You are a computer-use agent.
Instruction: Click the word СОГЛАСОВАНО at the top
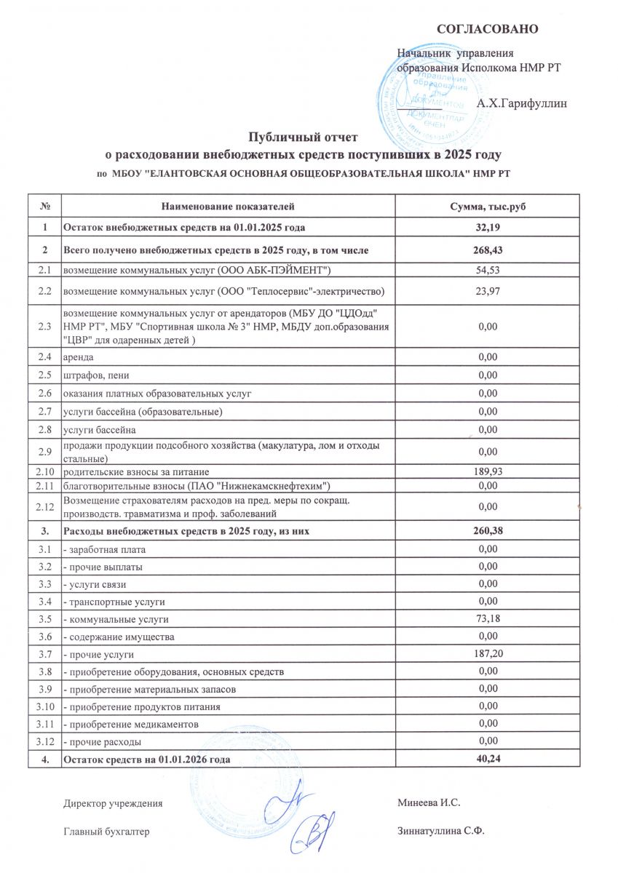pyautogui.click(x=487, y=29)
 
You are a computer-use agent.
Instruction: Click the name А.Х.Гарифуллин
pyautogui.click(x=521, y=104)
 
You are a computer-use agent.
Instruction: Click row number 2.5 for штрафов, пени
pyautogui.click(x=45, y=375)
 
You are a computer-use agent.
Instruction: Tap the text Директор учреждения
pyautogui.click(x=113, y=803)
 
